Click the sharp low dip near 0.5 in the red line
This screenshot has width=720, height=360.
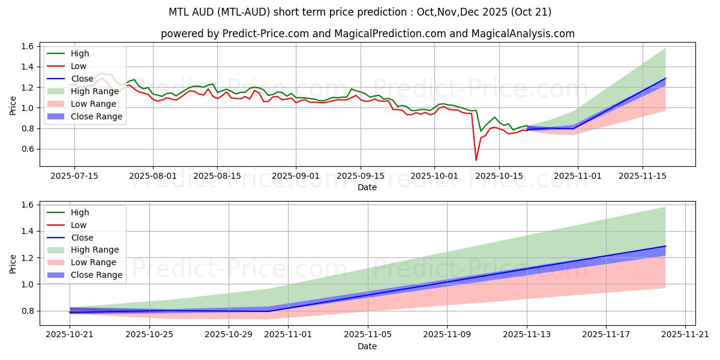point(476,160)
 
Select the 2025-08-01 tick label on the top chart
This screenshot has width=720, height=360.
point(153,176)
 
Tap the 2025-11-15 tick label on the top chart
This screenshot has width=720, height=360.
point(643,176)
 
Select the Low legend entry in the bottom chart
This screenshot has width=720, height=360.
point(79,225)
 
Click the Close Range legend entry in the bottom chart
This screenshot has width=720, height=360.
point(97,275)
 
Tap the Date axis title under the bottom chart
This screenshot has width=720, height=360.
point(367,346)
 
